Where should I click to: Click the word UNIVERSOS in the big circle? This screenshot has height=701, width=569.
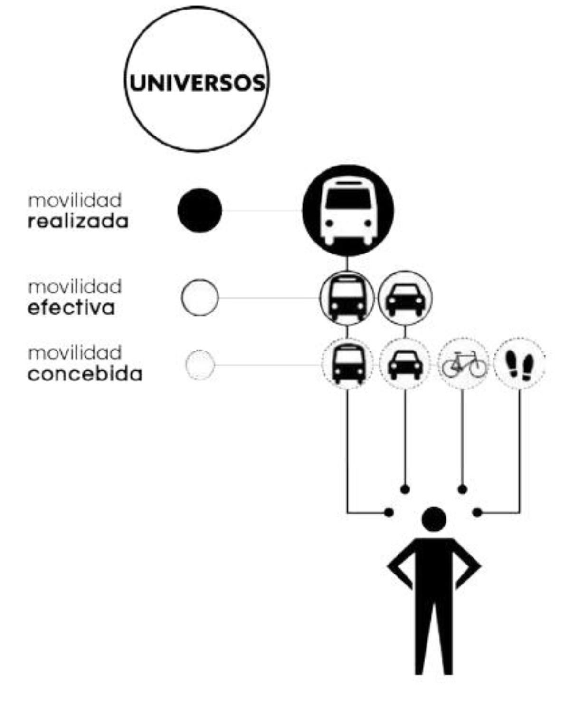(197, 83)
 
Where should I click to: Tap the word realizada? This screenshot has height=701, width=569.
(78, 222)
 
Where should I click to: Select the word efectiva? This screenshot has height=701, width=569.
(71, 308)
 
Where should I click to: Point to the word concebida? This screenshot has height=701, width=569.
(85, 374)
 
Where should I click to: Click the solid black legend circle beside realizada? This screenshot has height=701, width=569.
(199, 210)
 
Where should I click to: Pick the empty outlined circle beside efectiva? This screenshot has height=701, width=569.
(200, 298)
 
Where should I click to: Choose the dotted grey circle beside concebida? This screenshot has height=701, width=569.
(200, 365)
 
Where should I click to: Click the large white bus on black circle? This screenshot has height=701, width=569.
(348, 210)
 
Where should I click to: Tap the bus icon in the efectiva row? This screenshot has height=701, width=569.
(348, 298)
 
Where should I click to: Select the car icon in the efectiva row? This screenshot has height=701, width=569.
(405, 299)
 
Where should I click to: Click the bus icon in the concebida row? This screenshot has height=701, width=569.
(348, 364)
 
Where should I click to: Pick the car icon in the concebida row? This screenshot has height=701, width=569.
(405, 364)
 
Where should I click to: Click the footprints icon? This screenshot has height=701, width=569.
(520, 365)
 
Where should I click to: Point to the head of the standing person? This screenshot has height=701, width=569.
(434, 519)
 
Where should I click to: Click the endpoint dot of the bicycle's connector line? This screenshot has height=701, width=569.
(463, 489)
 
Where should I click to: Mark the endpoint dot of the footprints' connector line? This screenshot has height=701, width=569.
(477, 513)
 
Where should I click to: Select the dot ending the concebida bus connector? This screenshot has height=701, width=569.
(389, 513)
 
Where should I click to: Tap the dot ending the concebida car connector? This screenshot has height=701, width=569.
(405, 489)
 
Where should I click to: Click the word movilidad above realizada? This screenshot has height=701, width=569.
(75, 200)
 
